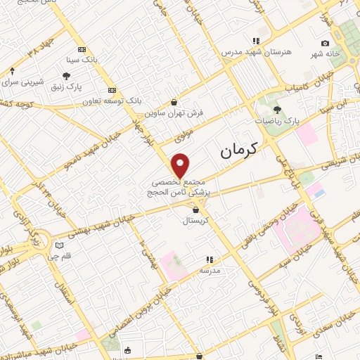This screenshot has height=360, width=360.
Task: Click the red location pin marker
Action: point(181,165)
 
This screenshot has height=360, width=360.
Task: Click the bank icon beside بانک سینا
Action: point(82,49)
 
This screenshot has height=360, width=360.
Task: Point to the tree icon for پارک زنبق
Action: point(66,76)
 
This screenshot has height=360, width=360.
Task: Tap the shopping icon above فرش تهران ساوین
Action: point(174,102)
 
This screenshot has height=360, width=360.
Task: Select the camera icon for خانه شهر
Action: point(325,44)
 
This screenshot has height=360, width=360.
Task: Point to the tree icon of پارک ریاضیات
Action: point(277,109)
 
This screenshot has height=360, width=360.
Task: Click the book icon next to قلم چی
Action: point(59,245)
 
